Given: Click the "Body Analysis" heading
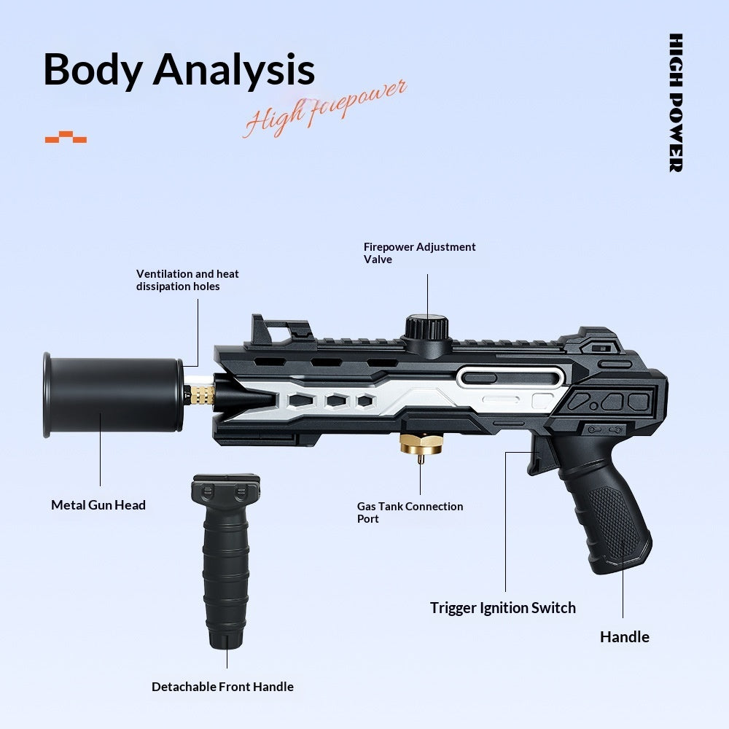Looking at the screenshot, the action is click(179, 70).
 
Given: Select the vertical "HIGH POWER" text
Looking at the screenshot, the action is click(676, 103).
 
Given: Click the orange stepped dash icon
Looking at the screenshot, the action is click(66, 137).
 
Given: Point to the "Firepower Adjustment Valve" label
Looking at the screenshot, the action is click(419, 253).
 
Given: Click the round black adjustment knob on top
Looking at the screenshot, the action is click(426, 328).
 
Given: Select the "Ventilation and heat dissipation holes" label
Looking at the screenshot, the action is click(187, 280).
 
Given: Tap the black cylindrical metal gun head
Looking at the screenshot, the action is click(113, 394).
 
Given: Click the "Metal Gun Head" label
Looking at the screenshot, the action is click(98, 505).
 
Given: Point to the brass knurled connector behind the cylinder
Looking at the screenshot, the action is click(200, 394).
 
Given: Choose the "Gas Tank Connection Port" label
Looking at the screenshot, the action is click(410, 512).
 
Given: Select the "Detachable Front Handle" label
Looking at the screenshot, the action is click(222, 687).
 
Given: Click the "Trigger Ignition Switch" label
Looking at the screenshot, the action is click(502, 608).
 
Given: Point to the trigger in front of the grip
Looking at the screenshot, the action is click(539, 458).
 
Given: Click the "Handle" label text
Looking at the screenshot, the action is click(625, 637).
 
